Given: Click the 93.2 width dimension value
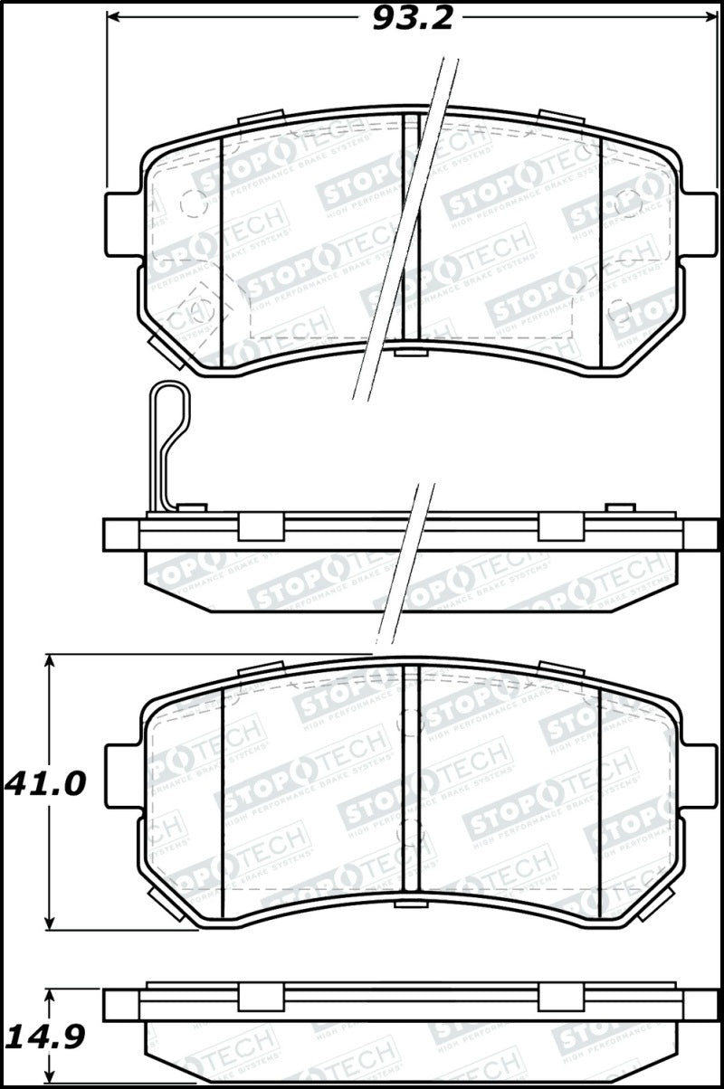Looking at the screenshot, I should (x=413, y=18).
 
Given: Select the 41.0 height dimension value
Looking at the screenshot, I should (x=45, y=782).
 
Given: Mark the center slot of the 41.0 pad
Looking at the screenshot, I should (x=411, y=782).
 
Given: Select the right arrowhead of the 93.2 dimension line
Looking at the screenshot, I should (x=709, y=18).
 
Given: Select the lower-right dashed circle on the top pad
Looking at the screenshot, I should (x=620, y=309).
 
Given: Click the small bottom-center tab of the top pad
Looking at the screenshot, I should (x=409, y=350).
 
